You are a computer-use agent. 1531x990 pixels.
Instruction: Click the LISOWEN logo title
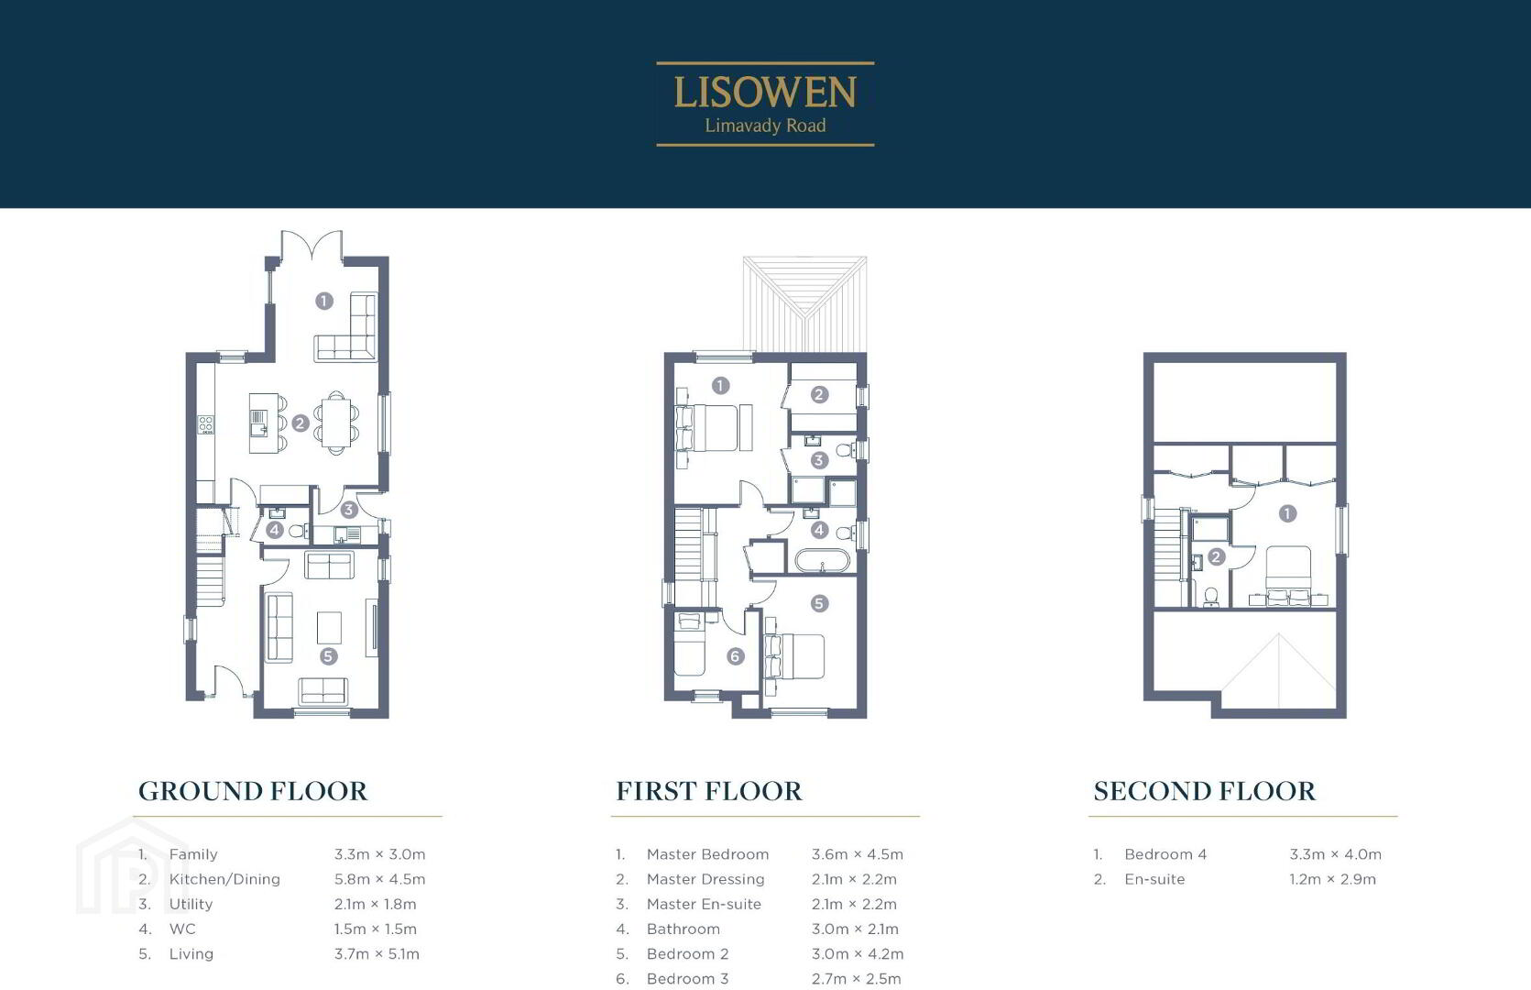tap(765, 93)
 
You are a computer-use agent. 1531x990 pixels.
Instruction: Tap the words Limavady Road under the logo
tap(765, 126)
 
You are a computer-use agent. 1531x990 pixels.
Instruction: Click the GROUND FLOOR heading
tap(253, 791)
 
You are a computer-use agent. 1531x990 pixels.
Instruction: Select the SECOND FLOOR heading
tap(1204, 791)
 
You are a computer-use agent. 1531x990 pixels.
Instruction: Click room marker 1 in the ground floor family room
tap(324, 300)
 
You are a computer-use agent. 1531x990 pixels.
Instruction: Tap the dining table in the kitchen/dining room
tap(336, 423)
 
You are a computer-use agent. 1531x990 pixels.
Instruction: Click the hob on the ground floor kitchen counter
tap(206, 424)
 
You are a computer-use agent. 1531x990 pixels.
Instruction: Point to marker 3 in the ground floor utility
tap(348, 510)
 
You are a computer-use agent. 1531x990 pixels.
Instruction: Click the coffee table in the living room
tap(330, 627)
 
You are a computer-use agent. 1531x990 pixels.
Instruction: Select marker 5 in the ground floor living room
tap(328, 656)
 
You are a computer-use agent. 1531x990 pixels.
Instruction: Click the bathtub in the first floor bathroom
tap(822, 561)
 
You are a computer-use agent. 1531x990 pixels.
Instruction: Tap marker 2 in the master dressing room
tap(819, 394)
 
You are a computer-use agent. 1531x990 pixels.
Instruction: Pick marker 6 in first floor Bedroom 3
tap(735, 656)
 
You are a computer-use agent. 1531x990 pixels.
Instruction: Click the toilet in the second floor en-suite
tap(1210, 597)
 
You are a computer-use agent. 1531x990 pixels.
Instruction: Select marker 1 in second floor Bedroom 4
tap(1287, 513)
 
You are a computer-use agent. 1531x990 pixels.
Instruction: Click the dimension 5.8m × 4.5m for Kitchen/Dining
tap(380, 879)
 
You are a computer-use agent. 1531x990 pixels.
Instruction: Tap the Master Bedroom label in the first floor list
tap(707, 854)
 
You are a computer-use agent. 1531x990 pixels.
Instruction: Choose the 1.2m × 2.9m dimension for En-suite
tap(1333, 879)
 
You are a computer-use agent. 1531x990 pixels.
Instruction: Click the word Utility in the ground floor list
tap(191, 905)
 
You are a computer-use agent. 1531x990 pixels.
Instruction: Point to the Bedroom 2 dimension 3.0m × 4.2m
tap(858, 953)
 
